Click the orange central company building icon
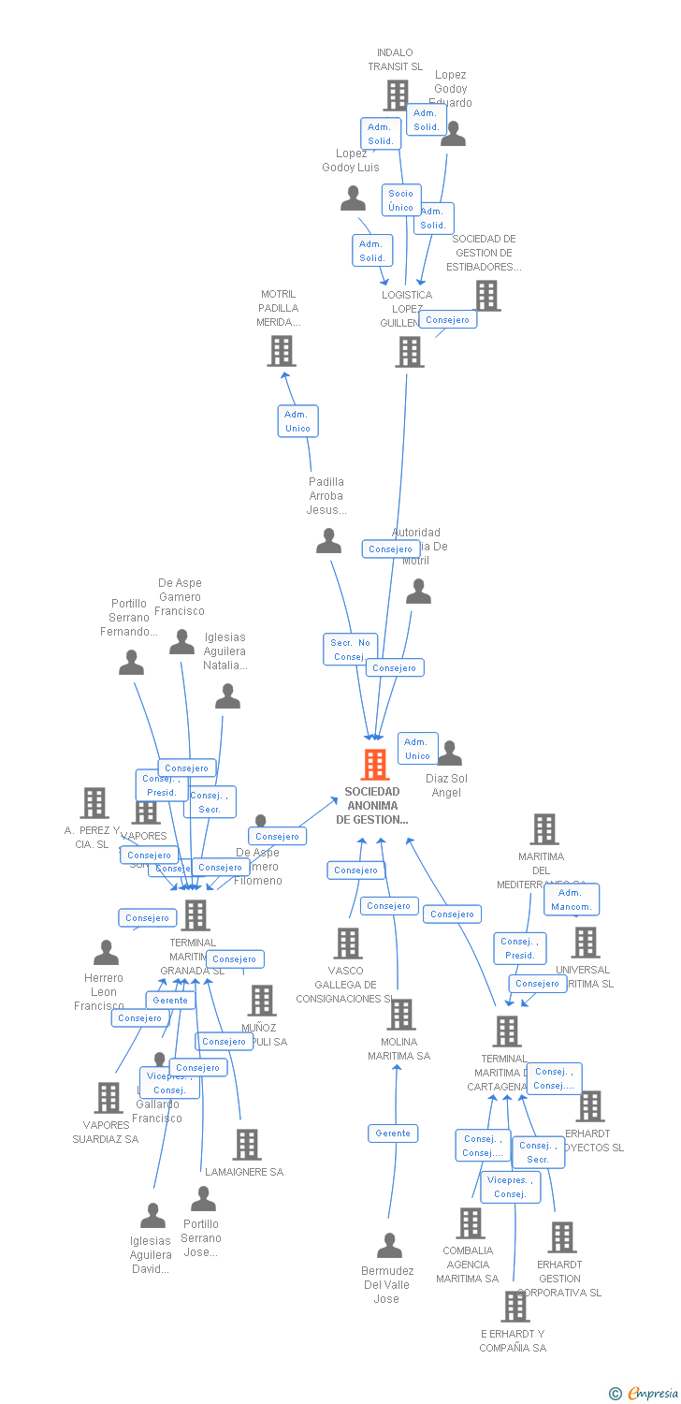click(375, 765)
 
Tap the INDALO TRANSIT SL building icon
click(397, 95)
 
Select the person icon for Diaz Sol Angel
click(450, 753)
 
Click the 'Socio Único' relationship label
click(400, 200)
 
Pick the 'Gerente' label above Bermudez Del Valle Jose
click(393, 1133)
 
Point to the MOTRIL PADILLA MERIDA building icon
click(281, 351)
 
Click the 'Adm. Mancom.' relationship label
click(571, 899)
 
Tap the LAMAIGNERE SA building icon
click(246, 1144)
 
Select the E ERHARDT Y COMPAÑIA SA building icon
click(514, 1306)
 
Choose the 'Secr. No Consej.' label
click(350, 650)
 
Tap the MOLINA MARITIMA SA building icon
click(401, 1015)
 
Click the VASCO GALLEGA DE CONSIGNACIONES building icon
click(348, 943)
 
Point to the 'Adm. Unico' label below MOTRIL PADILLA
click(297, 421)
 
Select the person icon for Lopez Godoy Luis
click(353, 198)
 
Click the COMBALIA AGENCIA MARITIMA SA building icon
click(470, 1222)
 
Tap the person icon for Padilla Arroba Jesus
click(328, 541)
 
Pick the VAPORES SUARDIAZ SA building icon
click(109, 1097)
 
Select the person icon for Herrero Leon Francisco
click(106, 954)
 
